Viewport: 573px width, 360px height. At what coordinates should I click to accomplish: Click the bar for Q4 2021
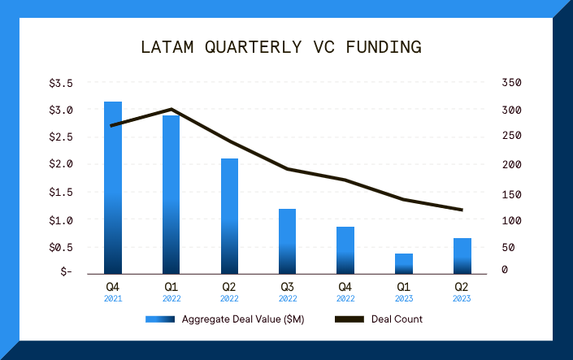tap(113, 187)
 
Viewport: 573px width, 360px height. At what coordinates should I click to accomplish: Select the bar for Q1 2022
tap(171, 194)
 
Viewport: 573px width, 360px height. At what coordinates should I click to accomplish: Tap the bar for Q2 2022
tap(229, 215)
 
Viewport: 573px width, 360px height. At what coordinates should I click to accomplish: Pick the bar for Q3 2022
tap(288, 241)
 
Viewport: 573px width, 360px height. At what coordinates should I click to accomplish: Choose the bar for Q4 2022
tap(345, 249)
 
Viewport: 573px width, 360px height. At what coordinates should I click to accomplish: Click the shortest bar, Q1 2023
tap(404, 263)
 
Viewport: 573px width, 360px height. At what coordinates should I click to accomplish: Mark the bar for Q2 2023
tap(462, 255)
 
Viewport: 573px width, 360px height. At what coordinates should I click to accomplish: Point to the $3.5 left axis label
tap(61, 83)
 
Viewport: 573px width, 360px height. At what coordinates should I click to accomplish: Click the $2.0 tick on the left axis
tap(61, 164)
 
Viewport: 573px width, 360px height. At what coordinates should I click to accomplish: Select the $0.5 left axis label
tap(61, 247)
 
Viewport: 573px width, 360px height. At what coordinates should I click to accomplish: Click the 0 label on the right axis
tap(506, 270)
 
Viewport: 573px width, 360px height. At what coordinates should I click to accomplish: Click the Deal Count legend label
tap(397, 319)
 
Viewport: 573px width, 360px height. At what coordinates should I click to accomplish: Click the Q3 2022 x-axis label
tap(288, 292)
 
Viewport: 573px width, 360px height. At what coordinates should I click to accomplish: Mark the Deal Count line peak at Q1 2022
tap(171, 109)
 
